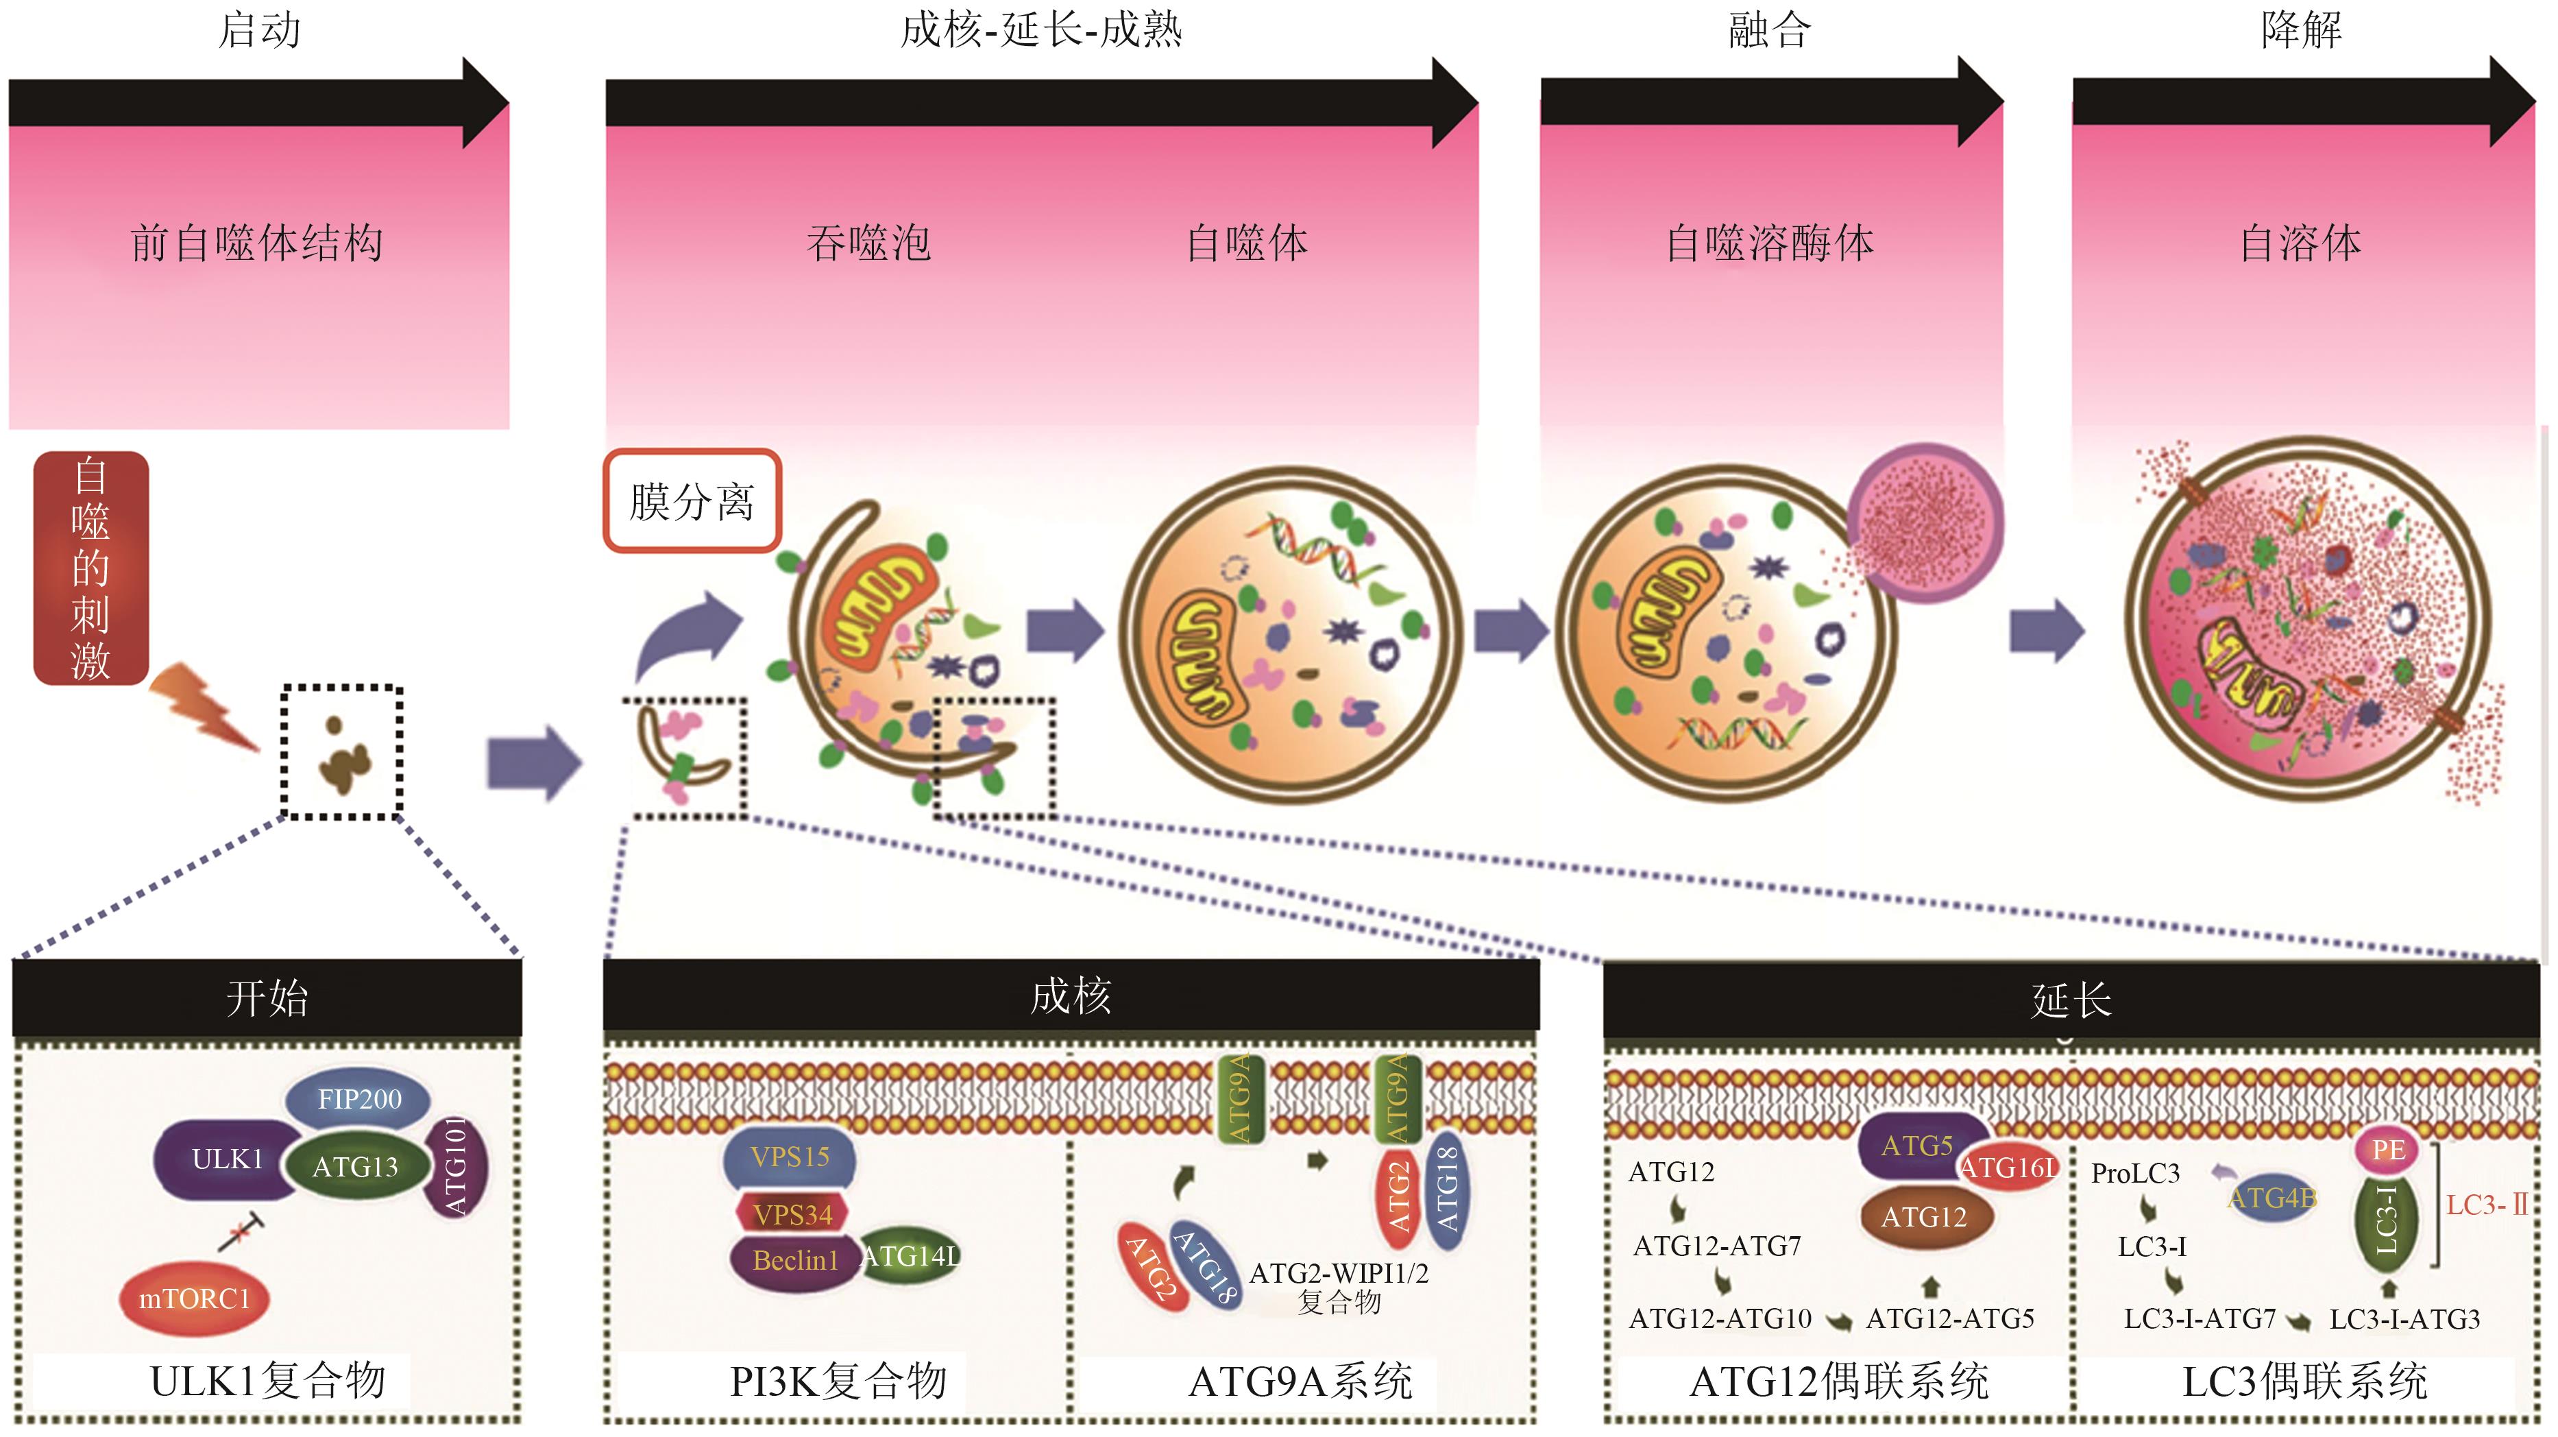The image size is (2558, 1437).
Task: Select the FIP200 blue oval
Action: (358, 1100)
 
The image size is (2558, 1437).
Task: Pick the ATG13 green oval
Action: (354, 1167)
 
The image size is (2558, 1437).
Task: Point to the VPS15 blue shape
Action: (790, 1157)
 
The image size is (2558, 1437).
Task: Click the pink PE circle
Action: (2387, 1150)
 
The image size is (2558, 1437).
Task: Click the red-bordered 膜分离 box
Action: (692, 501)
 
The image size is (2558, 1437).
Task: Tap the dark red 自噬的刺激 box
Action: (90, 568)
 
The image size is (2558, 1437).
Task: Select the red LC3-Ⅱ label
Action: (2485, 1205)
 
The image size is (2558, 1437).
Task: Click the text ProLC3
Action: (2135, 1174)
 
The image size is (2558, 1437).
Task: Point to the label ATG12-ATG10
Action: (1720, 1319)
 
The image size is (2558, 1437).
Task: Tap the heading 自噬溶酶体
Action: (1770, 244)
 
